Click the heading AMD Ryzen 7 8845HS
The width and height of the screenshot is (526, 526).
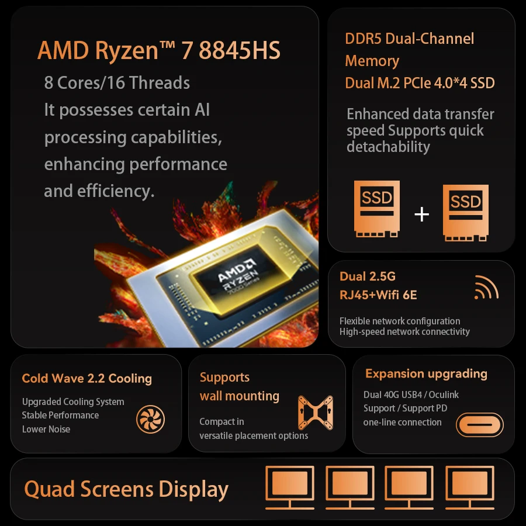point(159,51)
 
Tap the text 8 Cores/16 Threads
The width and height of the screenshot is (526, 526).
point(117,82)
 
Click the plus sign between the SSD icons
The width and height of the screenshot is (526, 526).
point(421,214)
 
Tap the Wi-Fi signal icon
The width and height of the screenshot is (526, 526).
point(486,287)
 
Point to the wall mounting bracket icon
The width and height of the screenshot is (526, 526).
point(315,416)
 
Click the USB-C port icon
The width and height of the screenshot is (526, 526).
point(479,424)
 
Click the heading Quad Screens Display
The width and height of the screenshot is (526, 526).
point(126,490)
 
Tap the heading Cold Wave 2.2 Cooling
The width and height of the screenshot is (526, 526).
point(86,378)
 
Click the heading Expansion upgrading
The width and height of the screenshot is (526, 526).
point(426,374)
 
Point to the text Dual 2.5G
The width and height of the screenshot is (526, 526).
point(368,276)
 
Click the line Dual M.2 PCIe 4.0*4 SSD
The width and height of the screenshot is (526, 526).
point(420,83)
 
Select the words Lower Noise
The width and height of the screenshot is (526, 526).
point(46,429)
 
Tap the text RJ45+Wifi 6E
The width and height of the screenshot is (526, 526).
point(378,295)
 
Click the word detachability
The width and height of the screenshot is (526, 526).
point(388,147)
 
